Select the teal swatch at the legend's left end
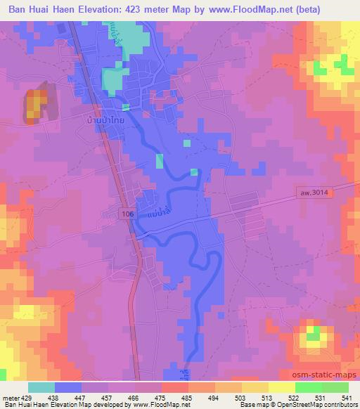click(41, 387)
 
